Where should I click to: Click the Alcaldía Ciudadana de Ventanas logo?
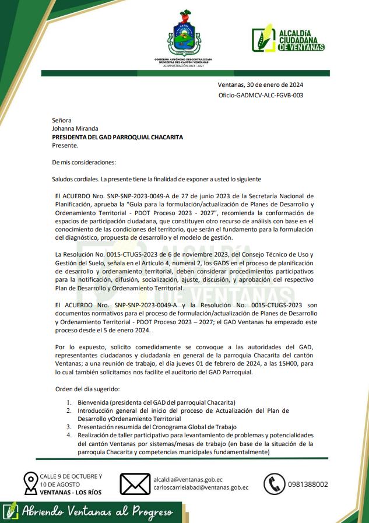click(288, 40)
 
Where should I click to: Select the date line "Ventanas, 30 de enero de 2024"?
click(260, 85)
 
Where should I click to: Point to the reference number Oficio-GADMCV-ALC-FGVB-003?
click(261, 95)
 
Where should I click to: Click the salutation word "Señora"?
click(62, 120)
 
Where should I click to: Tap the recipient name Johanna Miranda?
click(75, 129)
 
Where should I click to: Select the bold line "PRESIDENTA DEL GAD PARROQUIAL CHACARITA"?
click(117, 137)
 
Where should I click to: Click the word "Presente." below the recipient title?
click(65, 145)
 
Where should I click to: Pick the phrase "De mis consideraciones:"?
click(84, 162)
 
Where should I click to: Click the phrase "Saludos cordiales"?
click(75, 178)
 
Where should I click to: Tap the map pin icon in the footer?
click(30, 483)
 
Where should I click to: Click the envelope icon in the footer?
click(135, 483)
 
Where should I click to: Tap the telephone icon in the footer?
click(274, 483)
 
